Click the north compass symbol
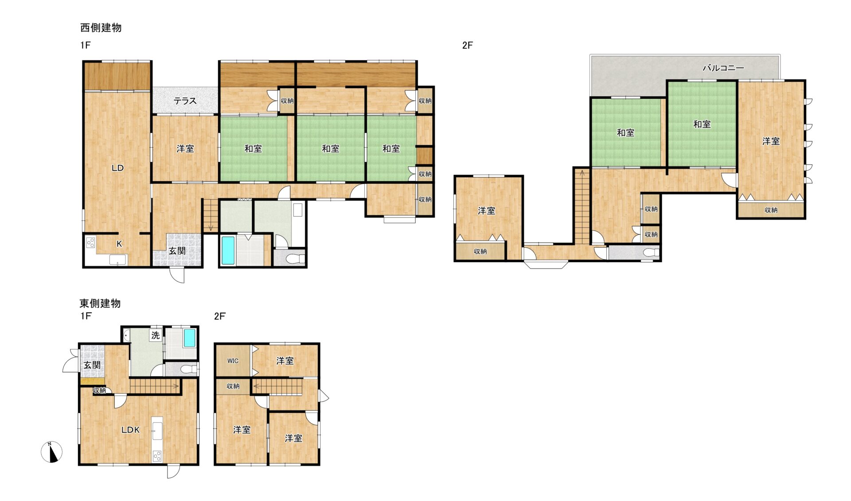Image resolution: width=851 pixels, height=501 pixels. (52, 452)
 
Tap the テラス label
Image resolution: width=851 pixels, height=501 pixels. (185, 101)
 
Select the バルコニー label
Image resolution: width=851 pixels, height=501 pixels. (723, 68)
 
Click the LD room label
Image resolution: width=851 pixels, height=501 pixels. (117, 168)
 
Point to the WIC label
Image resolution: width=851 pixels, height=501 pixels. (233, 361)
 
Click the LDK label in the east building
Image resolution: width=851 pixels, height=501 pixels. (131, 430)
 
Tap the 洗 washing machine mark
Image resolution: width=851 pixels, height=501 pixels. (155, 335)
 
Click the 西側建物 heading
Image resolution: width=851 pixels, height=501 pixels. (101, 27)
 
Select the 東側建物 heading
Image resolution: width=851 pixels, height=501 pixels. (100, 303)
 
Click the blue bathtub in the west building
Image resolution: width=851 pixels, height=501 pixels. (228, 251)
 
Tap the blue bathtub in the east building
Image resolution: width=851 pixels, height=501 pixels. (190, 338)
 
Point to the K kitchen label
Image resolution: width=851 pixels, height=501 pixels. (119, 244)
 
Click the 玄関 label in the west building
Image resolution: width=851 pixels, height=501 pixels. (177, 251)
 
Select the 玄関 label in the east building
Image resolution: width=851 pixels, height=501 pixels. (92, 365)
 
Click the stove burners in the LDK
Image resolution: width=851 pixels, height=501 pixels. (157, 456)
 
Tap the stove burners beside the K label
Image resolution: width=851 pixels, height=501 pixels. (90, 243)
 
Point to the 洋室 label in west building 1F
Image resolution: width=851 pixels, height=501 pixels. (185, 149)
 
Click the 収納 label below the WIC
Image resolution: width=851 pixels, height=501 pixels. (233, 386)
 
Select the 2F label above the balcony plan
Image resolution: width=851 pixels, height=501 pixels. (468, 45)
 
